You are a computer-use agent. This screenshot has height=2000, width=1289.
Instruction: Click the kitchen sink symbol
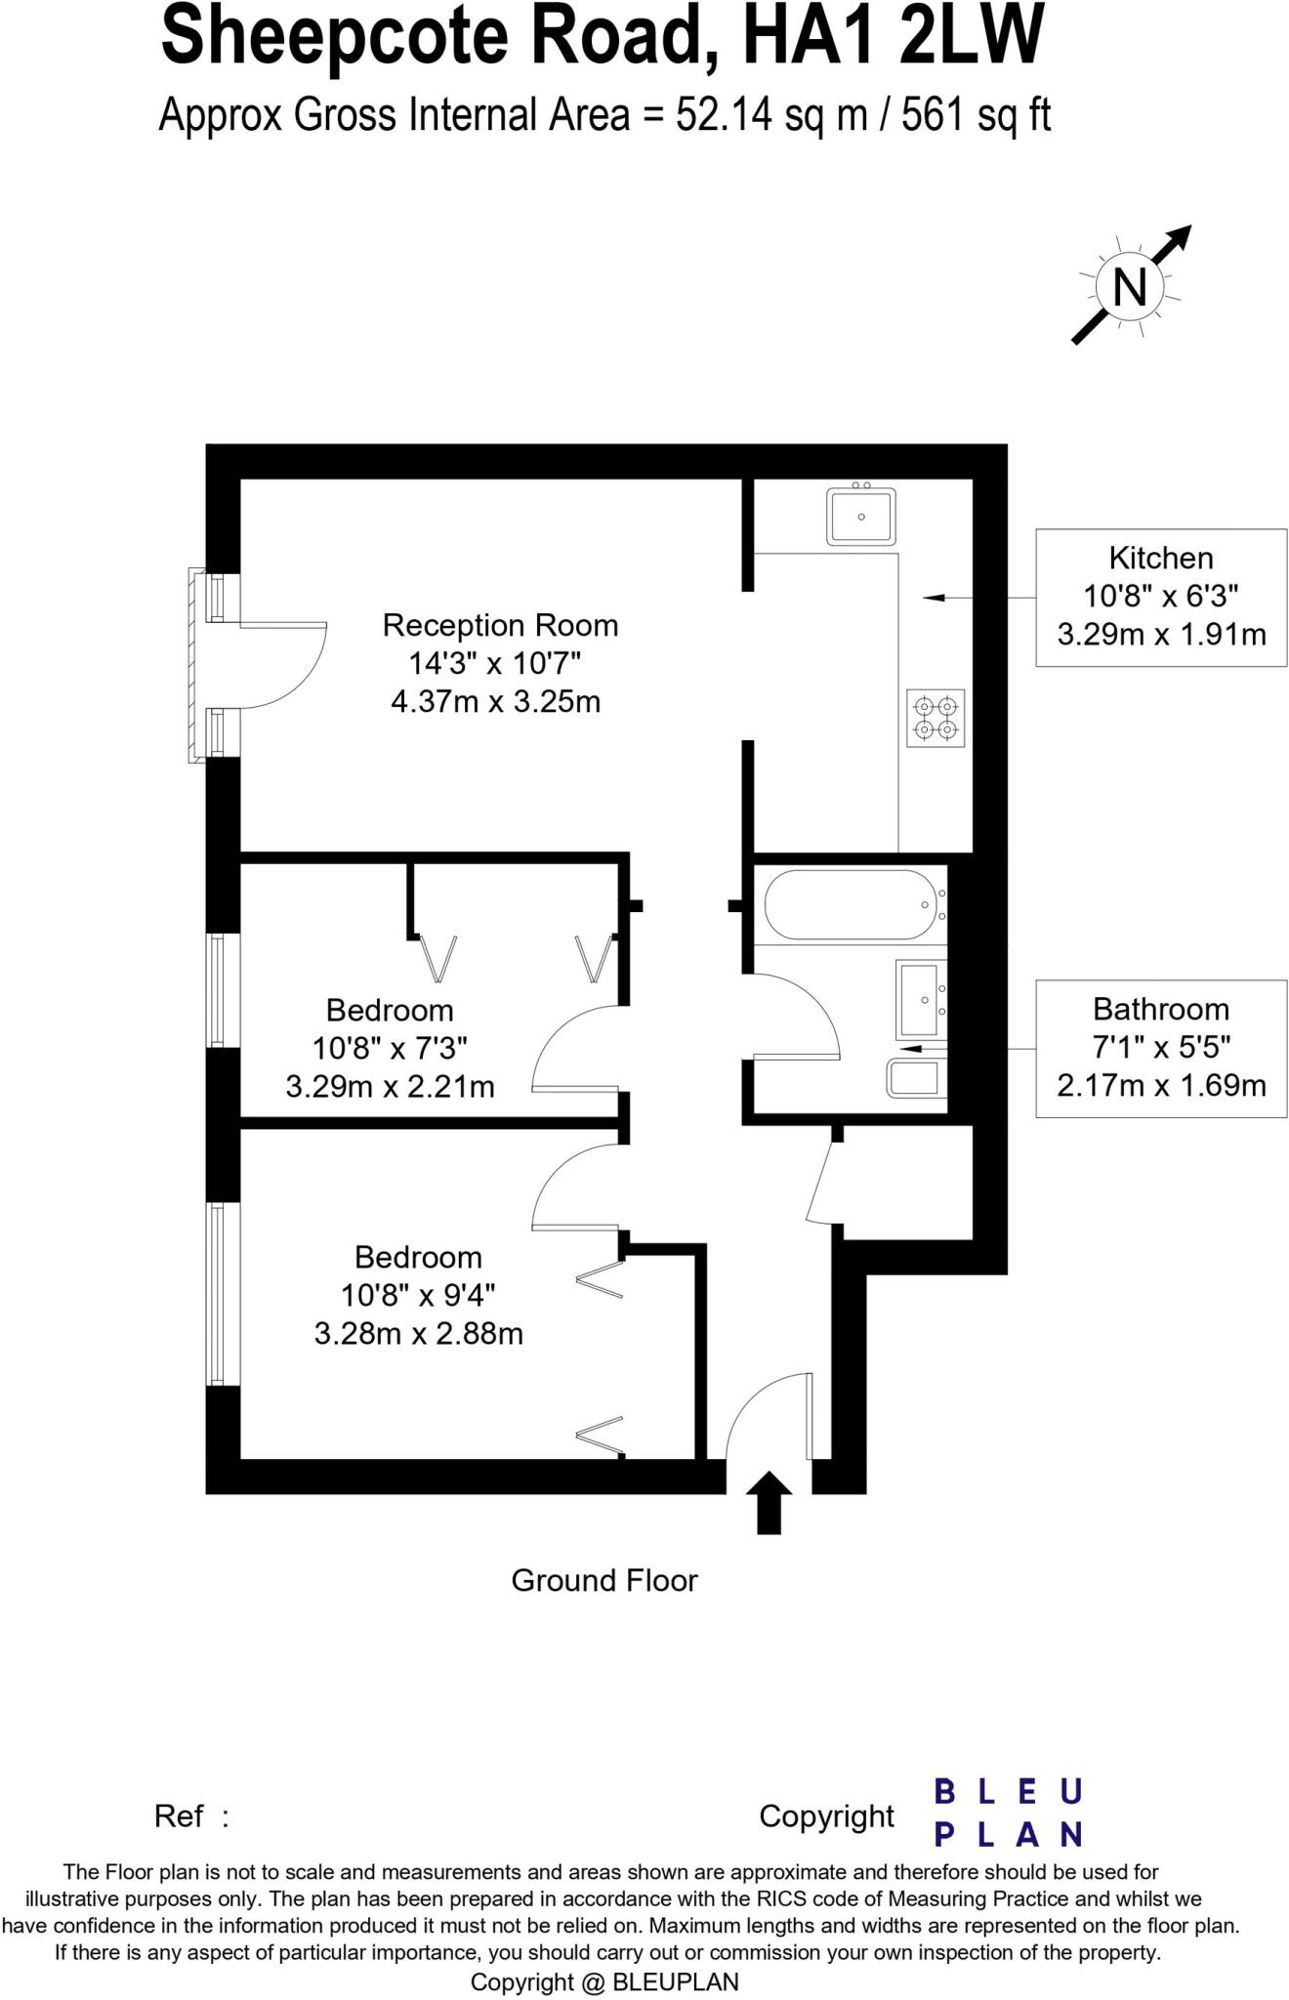point(860,517)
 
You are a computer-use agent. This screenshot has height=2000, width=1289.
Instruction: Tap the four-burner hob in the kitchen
point(936,718)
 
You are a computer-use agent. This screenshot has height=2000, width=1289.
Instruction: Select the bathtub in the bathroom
point(850,904)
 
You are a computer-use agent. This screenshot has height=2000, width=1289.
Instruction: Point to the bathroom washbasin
point(919,999)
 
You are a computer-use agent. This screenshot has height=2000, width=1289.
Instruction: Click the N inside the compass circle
point(1130,288)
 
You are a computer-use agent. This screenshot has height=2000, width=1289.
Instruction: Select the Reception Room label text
point(500,625)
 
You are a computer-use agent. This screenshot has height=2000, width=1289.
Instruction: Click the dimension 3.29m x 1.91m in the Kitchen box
point(1161,635)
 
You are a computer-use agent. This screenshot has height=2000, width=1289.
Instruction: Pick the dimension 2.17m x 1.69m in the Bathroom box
point(1161,1085)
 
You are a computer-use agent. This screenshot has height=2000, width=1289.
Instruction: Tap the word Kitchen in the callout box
point(1161,559)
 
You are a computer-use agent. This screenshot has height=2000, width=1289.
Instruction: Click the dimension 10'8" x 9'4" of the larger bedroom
point(418,1295)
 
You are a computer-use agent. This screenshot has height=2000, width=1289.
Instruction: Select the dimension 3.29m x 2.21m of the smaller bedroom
point(390,1086)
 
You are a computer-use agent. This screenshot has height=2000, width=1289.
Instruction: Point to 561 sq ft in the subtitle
point(975,115)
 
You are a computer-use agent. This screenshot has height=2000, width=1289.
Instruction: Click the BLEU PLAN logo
point(1008,1813)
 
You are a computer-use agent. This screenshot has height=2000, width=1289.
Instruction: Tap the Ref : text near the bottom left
point(191,1816)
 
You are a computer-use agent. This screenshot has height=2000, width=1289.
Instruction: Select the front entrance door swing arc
point(767,1411)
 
